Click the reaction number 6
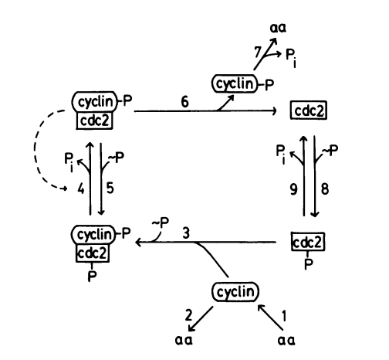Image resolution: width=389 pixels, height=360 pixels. coord(184,102)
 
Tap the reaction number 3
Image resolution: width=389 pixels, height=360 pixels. coord(186,233)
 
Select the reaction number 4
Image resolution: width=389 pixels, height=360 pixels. coord(81,189)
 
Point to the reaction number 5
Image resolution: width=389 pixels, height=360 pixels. coord(110,188)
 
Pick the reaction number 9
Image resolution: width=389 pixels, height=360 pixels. coord(293,189)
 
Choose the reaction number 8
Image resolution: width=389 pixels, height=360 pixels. coord(325,189)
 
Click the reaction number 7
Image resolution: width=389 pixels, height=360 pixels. coord(258,52)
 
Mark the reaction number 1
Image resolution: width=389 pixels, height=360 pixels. coord(284,316)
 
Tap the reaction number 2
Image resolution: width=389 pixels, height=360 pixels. coord(188,315)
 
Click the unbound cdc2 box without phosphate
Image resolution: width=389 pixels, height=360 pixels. coord(309,110)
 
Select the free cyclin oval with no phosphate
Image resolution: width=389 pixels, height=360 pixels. coord(235,292)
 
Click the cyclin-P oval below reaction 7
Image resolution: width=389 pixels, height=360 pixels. coord(235,83)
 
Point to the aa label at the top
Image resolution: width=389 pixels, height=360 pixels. coord(278,28)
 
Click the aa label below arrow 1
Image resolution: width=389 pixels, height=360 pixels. coord(286,340)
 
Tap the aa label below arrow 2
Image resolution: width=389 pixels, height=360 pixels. coord(184,340)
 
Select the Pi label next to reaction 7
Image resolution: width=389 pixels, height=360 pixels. coord(291,58)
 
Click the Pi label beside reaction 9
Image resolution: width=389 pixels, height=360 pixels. coord(281,154)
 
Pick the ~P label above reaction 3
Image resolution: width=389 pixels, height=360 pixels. coord(160,222)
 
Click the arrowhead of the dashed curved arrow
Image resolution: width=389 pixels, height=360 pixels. coord(64,188)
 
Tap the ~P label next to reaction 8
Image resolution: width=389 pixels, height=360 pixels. coord(330,150)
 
